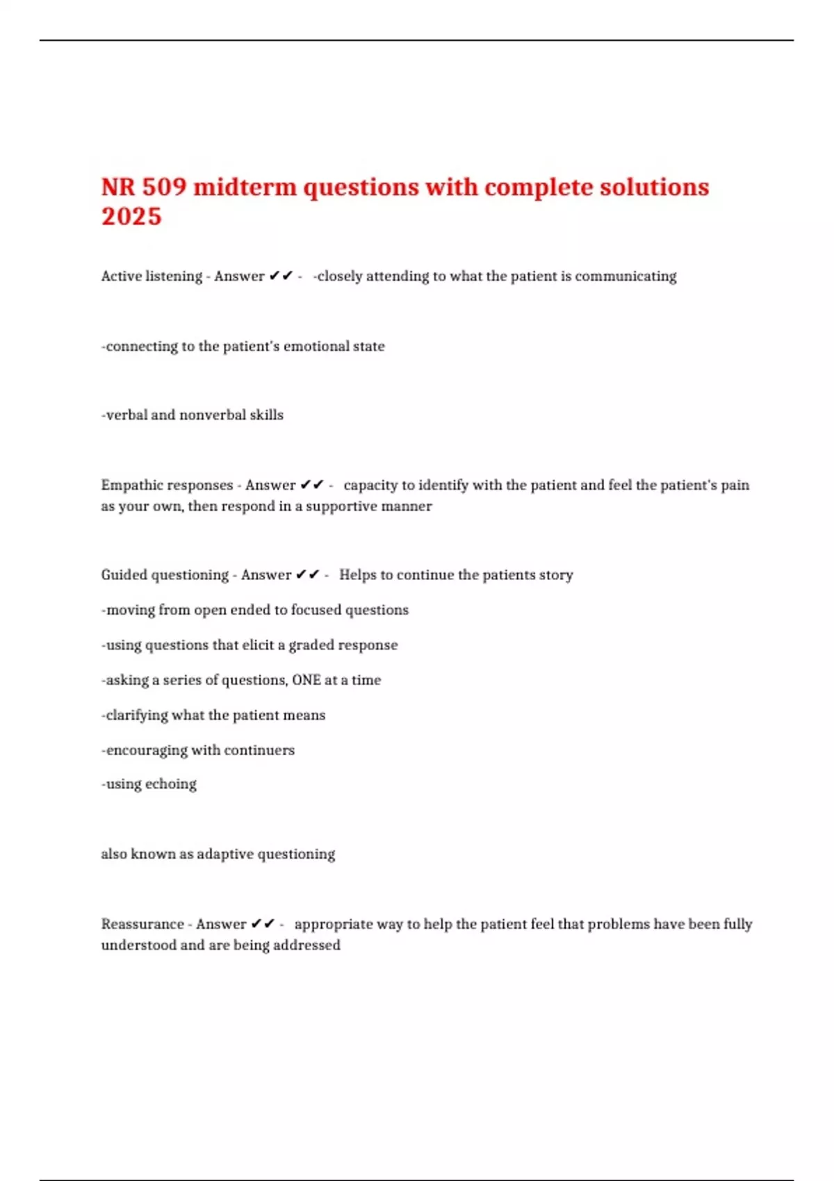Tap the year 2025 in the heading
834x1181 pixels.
pos(131,217)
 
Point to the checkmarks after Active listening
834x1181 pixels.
pos(281,276)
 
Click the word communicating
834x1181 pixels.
pos(625,276)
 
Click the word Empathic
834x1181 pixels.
pos(132,485)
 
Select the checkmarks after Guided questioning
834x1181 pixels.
pos(308,575)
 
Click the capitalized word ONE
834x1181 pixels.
pos(306,679)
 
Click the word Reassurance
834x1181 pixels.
pos(142,924)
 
